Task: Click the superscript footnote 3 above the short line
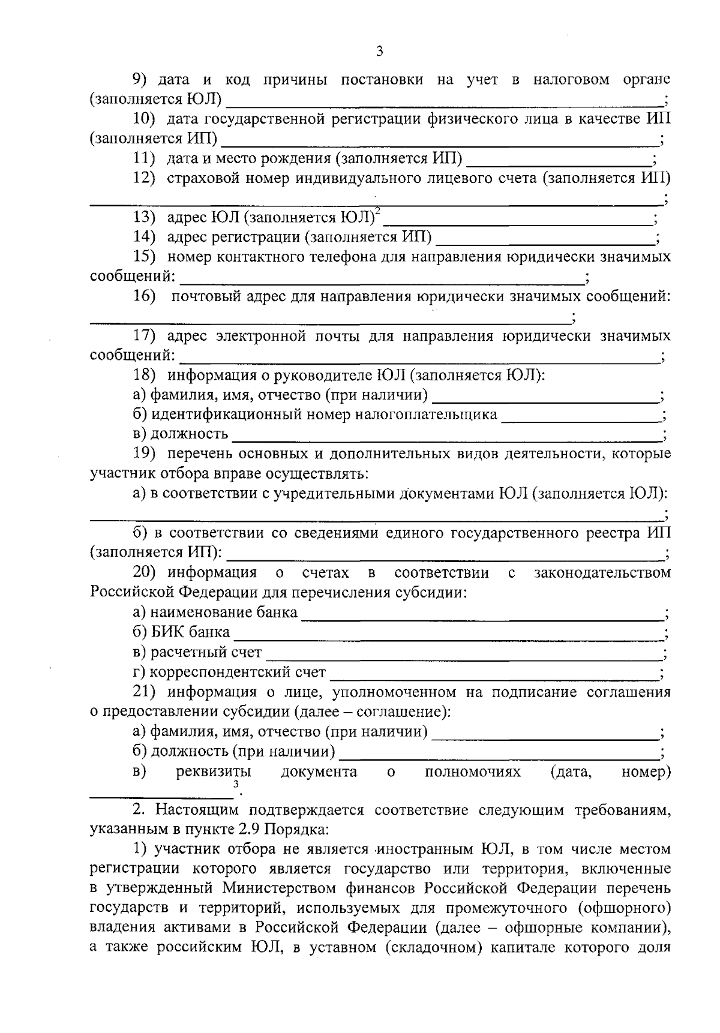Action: pos(236,783)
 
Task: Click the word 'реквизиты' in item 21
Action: pos(213,771)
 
